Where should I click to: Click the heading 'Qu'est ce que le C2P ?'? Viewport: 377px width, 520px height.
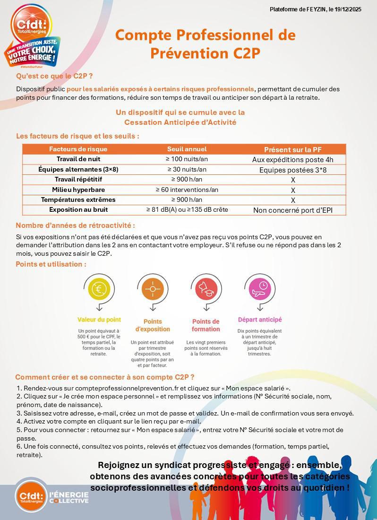coord(54,76)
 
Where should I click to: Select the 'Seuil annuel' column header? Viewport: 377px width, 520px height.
coord(187,149)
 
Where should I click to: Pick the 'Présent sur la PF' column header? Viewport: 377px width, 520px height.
coord(292,149)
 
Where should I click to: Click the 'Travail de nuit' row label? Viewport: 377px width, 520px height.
coord(78,159)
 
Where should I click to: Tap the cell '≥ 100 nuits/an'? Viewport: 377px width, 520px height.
coord(187,159)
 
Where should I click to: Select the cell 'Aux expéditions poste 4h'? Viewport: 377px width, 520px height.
coord(292,160)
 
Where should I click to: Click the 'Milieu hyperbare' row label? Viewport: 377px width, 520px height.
coord(78,190)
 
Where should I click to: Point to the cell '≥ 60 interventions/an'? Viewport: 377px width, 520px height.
coord(187,190)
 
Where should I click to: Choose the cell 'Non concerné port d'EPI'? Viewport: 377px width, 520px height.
coord(292,210)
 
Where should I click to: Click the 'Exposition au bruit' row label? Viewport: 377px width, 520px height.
coord(78,210)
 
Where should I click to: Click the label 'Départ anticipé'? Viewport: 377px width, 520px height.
coord(259,320)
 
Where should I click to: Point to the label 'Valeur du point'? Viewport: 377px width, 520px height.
coord(99,320)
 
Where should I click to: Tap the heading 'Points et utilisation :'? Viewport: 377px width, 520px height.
coord(51,264)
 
